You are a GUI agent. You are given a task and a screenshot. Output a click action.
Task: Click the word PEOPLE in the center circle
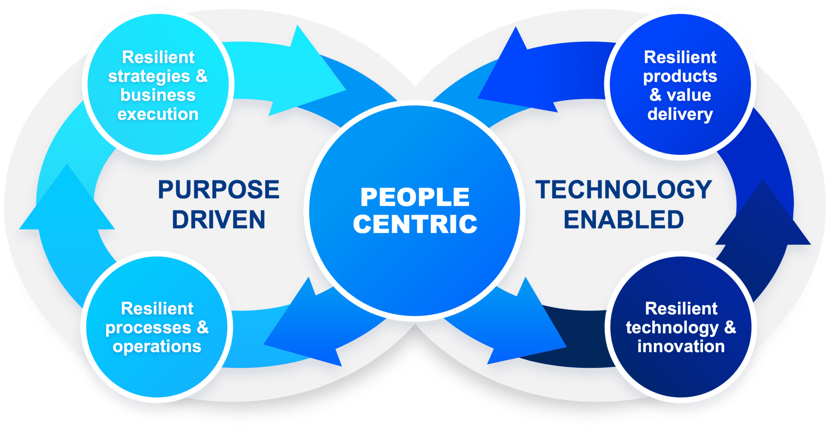point(415,197)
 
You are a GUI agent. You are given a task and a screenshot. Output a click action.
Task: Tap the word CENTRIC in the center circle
point(415,224)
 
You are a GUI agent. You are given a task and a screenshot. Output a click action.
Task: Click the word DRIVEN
point(218,220)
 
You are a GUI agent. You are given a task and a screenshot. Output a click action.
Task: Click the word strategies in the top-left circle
point(149,76)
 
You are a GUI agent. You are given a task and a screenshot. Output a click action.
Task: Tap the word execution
point(158,114)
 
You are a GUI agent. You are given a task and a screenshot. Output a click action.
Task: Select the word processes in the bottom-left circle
point(148,328)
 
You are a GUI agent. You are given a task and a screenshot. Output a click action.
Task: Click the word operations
point(157,347)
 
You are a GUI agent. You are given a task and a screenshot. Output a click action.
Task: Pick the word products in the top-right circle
point(680,76)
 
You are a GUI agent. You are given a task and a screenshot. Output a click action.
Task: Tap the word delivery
point(680,114)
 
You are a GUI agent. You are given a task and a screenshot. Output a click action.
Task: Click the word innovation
point(681,347)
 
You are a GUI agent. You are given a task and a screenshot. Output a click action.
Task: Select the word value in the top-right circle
point(689,96)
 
